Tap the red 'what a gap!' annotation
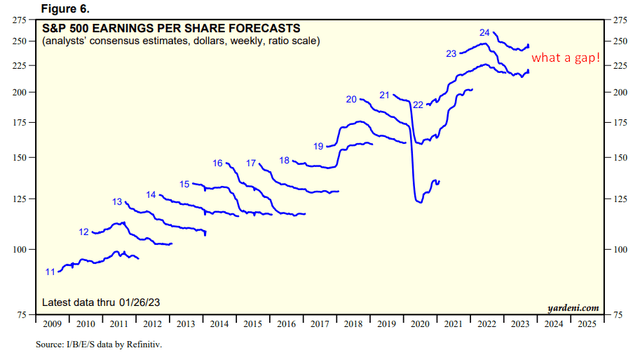point(566,59)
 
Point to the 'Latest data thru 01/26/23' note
point(104,303)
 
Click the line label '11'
point(49,272)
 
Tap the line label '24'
point(484,33)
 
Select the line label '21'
point(384,94)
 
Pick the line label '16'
point(218,163)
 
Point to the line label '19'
point(318,147)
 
